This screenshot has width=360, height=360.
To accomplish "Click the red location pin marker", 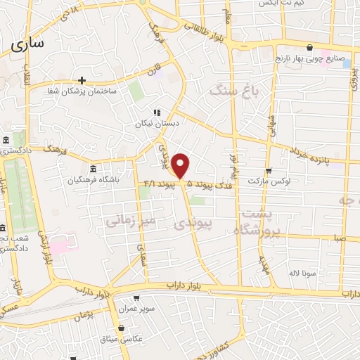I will click(181, 166).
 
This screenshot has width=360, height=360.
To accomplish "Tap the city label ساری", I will click(27, 43).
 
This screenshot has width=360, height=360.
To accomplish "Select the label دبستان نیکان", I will click(156, 122).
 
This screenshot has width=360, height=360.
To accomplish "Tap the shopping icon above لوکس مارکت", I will click(269, 170).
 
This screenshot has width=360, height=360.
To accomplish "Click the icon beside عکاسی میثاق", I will click(122, 328).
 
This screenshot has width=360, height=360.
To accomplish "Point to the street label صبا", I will click(340, 239).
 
